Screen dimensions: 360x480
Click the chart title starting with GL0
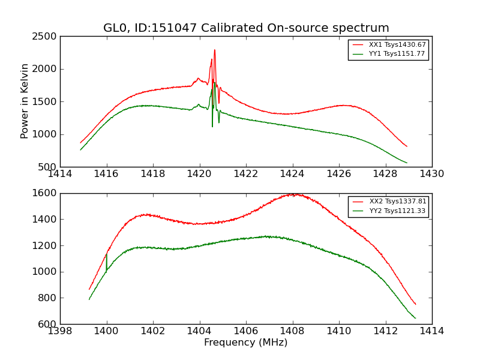coord(246,28)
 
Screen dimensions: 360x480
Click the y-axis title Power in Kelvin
coord(25,101)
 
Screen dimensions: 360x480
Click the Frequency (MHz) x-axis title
coord(246,343)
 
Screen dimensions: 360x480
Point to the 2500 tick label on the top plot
coord(46,37)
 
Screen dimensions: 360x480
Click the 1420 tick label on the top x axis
coord(199,174)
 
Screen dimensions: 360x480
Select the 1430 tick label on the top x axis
coord(431,174)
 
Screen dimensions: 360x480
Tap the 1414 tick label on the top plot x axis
coord(60,174)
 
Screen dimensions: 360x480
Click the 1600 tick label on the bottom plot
coord(46,193)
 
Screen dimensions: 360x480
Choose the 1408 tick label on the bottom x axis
coord(292,331)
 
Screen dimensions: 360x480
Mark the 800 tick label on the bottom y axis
coord(48,298)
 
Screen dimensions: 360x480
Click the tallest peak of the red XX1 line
coord(214,50)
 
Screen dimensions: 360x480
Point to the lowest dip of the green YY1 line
coord(212,126)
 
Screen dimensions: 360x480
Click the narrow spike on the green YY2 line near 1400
coord(106,254)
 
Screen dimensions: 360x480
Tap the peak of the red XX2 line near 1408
coord(293,194)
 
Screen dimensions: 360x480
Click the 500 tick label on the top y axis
coord(48,167)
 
